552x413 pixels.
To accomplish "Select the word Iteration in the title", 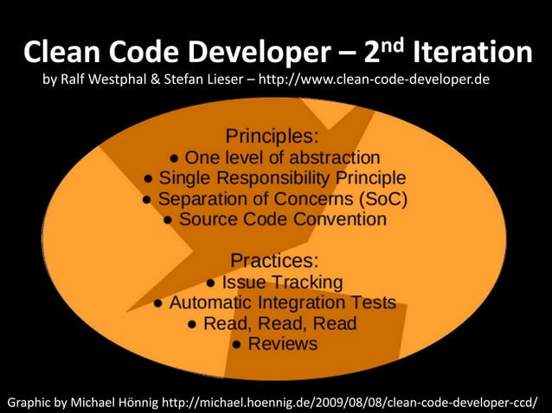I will pyautogui.click(x=472, y=54).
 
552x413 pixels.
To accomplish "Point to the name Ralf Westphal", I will pyautogui.click(x=106, y=81).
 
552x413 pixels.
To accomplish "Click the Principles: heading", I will pyautogui.click(x=272, y=136).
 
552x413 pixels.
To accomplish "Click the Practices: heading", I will pyautogui.click(x=275, y=260).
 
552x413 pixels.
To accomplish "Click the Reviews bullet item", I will pyautogui.click(x=283, y=344).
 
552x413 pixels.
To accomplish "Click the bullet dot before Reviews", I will pyautogui.click(x=236, y=345).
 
